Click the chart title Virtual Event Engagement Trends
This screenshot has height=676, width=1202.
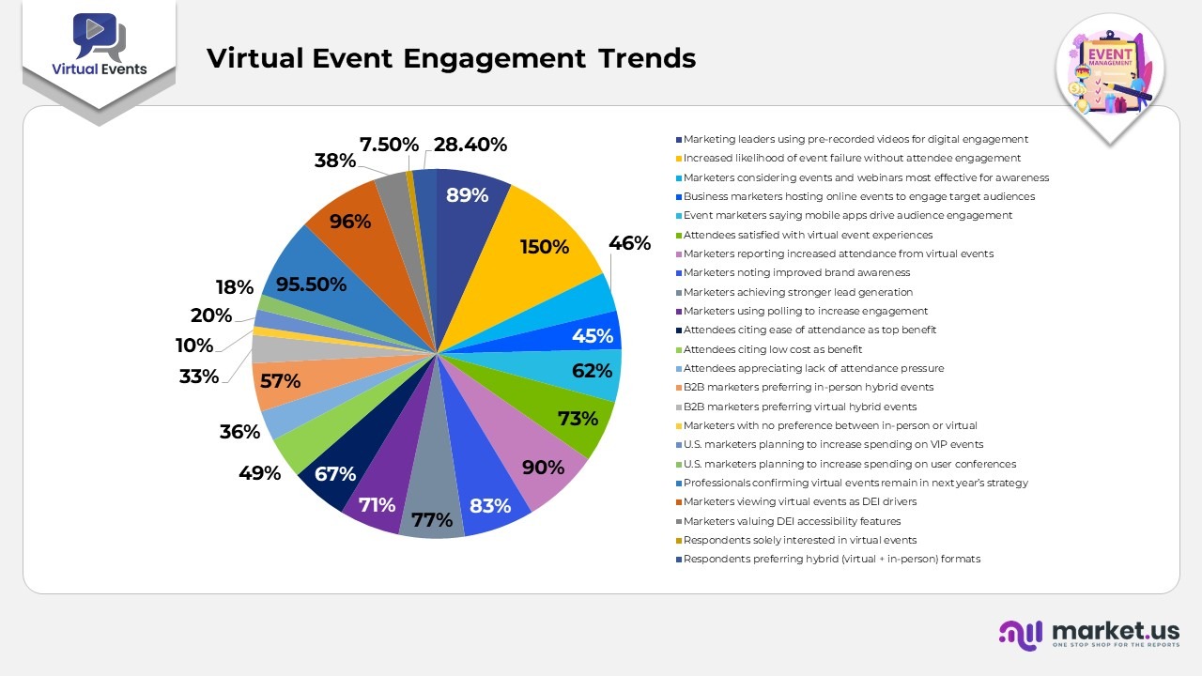[x=451, y=58]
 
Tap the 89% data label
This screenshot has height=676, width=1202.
[x=467, y=195]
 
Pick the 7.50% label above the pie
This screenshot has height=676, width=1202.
[x=389, y=145]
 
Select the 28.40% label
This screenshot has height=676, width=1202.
[x=470, y=145]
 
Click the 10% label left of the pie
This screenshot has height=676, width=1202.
[x=194, y=345]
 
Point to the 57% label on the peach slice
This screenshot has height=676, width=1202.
[x=280, y=381]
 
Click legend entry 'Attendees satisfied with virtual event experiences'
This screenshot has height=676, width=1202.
[x=808, y=235]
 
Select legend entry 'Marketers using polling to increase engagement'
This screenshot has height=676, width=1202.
[x=805, y=311]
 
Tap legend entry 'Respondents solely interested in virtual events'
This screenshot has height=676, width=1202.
[x=799, y=540]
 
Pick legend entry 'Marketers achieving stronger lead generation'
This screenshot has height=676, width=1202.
[x=797, y=292]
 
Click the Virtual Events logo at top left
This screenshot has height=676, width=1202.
[x=99, y=47]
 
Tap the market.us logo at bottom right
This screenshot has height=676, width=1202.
[x=1088, y=634]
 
